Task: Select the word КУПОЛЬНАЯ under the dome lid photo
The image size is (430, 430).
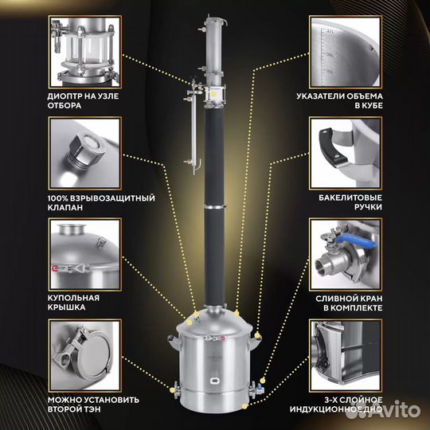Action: coord(73,298)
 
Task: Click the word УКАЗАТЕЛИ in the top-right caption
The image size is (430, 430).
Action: coord(321,96)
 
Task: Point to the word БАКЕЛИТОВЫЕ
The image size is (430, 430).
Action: coord(350,197)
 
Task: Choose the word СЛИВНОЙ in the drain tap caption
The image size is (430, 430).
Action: coord(334,299)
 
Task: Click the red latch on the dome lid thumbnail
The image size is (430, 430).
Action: coord(54,268)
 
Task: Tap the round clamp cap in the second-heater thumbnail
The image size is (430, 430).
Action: coord(92,356)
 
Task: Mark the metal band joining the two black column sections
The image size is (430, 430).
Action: coord(215,207)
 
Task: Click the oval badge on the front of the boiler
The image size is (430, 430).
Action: coord(214,381)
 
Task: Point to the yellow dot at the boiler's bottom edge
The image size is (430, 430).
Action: coord(244,406)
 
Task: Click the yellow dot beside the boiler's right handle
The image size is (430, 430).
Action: coord(257,335)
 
